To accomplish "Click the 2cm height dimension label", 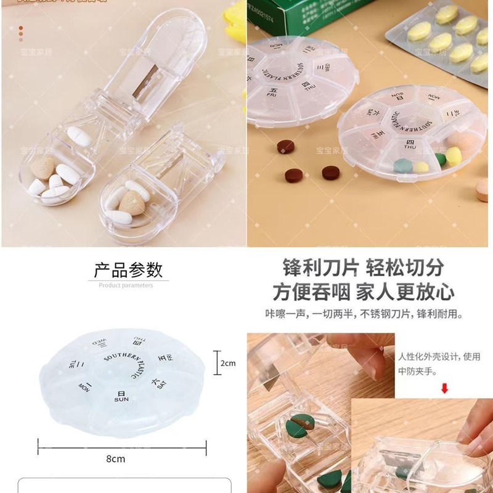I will [228, 364].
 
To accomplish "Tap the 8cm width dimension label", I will [116, 458].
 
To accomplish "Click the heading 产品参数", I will [128, 270].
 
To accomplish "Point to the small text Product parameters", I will [126, 285].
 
